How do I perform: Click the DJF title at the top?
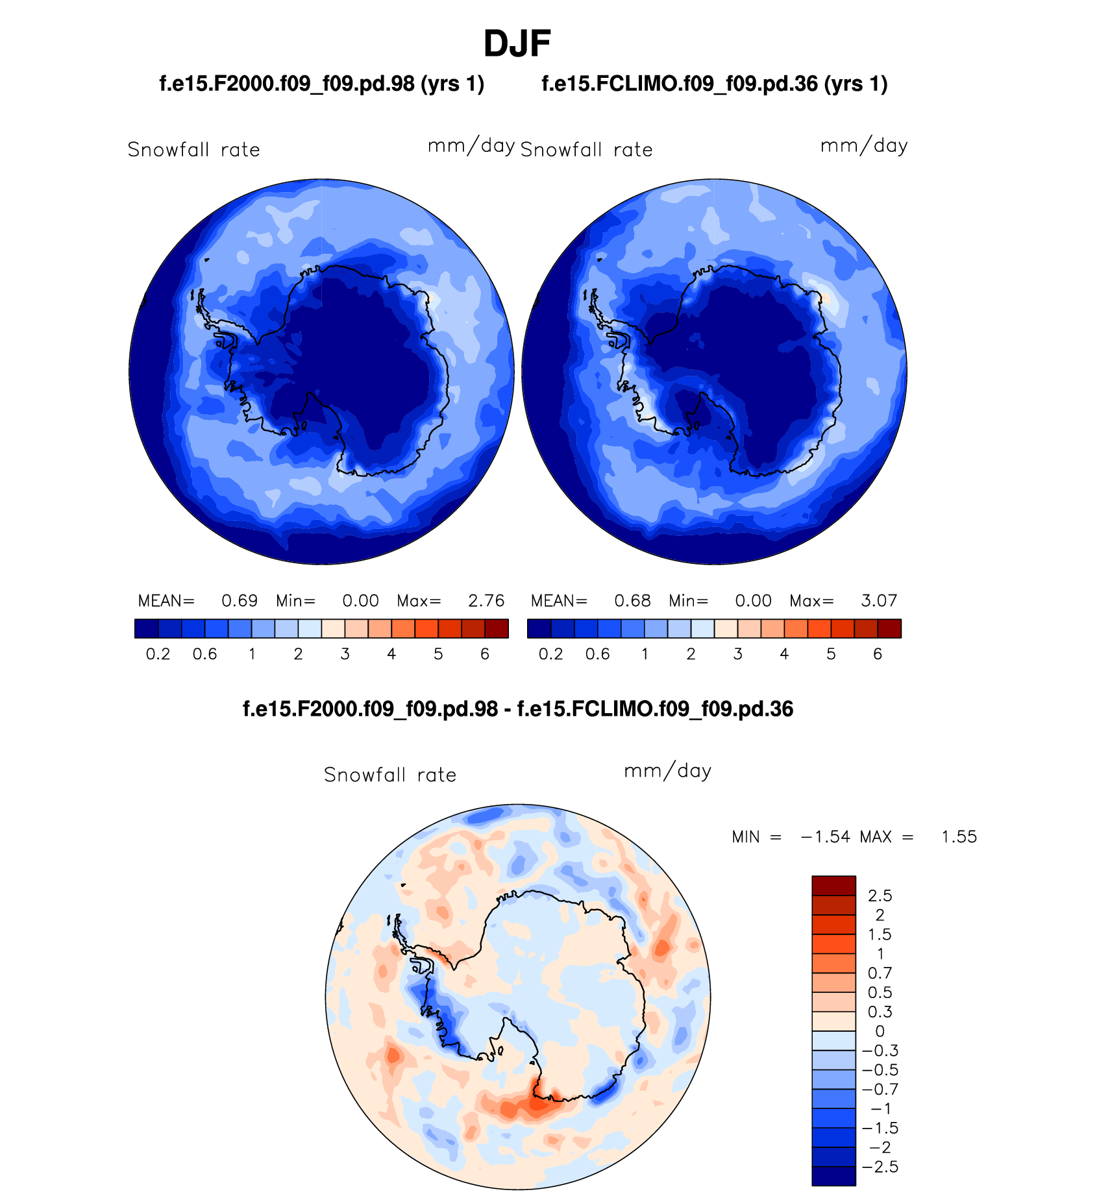point(517,44)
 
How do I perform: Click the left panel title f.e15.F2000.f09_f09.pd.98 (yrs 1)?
point(321,84)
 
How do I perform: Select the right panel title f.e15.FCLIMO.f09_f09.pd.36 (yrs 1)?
point(714,84)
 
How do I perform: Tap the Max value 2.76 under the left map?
point(486,601)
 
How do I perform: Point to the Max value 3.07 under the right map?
point(879,601)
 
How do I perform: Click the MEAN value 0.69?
point(240,601)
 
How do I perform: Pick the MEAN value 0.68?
point(632,601)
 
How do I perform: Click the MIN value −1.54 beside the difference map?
point(825,837)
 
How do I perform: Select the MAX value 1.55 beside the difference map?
point(959,837)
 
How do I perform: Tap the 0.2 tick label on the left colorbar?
point(158,654)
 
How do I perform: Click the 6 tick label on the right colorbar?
point(878,654)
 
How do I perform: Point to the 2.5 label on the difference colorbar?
point(880,896)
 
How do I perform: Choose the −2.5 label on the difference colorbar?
point(880,1167)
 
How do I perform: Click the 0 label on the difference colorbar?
point(880,1032)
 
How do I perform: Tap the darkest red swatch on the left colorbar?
point(497,629)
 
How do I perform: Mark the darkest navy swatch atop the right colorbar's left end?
point(539,629)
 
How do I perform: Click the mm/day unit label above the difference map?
point(667,771)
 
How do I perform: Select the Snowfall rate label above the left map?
point(193,150)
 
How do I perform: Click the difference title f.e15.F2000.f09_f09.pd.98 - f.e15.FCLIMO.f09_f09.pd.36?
point(517,709)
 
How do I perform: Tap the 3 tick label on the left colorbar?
point(345,654)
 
